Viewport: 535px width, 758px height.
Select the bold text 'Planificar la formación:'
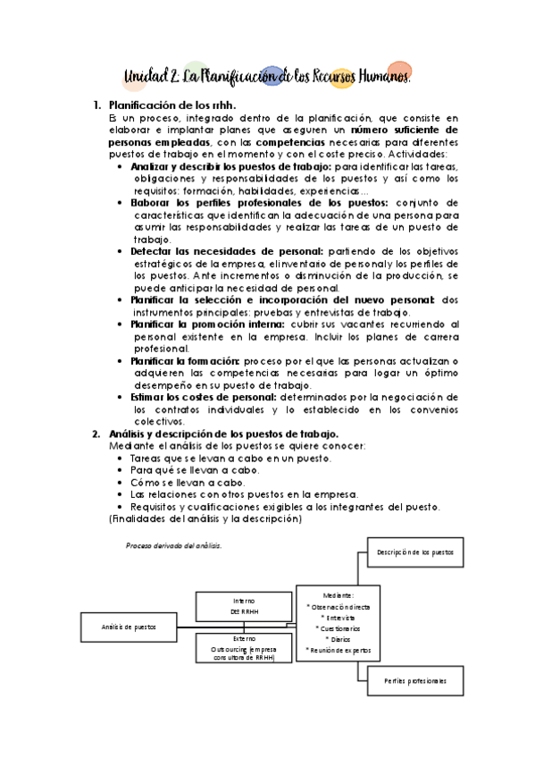coord(185,360)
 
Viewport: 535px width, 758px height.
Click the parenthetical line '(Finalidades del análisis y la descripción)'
coord(205,518)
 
